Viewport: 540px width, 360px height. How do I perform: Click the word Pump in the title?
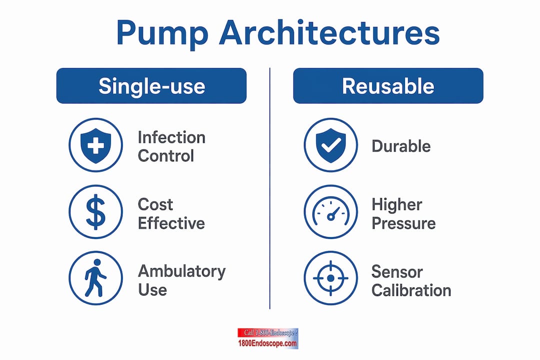point(162,34)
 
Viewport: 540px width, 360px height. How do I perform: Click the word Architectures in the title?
point(329,32)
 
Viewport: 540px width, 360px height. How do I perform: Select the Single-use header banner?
point(151,86)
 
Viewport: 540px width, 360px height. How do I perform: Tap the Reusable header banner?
point(388,86)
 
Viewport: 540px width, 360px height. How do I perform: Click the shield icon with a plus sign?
point(95,145)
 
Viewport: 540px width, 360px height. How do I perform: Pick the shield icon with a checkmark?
point(330,145)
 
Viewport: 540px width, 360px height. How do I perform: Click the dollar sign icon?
point(95,212)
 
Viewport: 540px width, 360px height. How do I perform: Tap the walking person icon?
point(95,278)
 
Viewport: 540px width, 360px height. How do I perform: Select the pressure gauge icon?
point(330,212)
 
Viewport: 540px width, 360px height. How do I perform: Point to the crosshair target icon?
point(330,278)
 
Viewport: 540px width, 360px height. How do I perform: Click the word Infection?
point(171,137)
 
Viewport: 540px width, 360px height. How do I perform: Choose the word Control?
point(166,155)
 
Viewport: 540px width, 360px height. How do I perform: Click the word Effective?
point(171,223)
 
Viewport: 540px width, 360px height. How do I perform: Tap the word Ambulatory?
point(182,272)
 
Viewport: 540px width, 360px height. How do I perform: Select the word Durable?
point(401,146)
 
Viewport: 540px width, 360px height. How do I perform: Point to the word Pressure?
point(403,223)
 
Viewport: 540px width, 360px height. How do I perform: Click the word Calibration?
point(411,290)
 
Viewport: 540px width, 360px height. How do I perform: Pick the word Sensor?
point(397,272)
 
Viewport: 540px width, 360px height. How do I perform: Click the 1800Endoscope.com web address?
point(267,343)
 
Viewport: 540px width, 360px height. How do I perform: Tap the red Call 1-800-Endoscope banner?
point(268,333)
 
